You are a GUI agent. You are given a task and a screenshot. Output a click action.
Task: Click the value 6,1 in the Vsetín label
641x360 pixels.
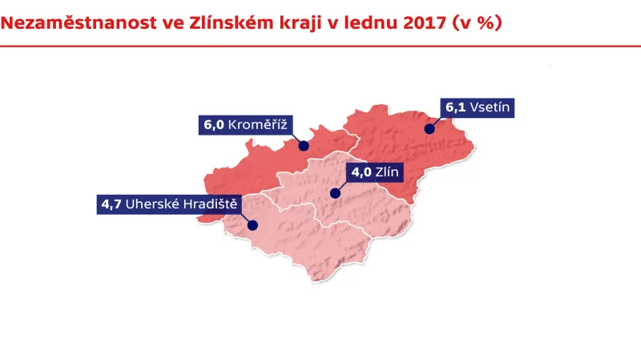[x=455, y=107]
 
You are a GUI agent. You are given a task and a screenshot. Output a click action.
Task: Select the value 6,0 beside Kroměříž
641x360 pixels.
[x=214, y=124]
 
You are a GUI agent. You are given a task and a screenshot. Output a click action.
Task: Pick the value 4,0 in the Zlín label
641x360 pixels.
[x=361, y=172]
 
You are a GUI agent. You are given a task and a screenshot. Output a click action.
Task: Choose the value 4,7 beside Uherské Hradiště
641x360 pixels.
[x=111, y=204]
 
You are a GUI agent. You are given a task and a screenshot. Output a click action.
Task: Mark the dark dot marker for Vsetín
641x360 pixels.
[x=429, y=128]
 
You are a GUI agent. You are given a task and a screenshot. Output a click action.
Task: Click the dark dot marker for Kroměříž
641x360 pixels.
[x=304, y=146]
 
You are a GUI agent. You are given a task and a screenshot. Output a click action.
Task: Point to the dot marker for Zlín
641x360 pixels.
[x=334, y=193]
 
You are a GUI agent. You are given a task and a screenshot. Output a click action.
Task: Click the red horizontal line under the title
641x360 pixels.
[x=320, y=46]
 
